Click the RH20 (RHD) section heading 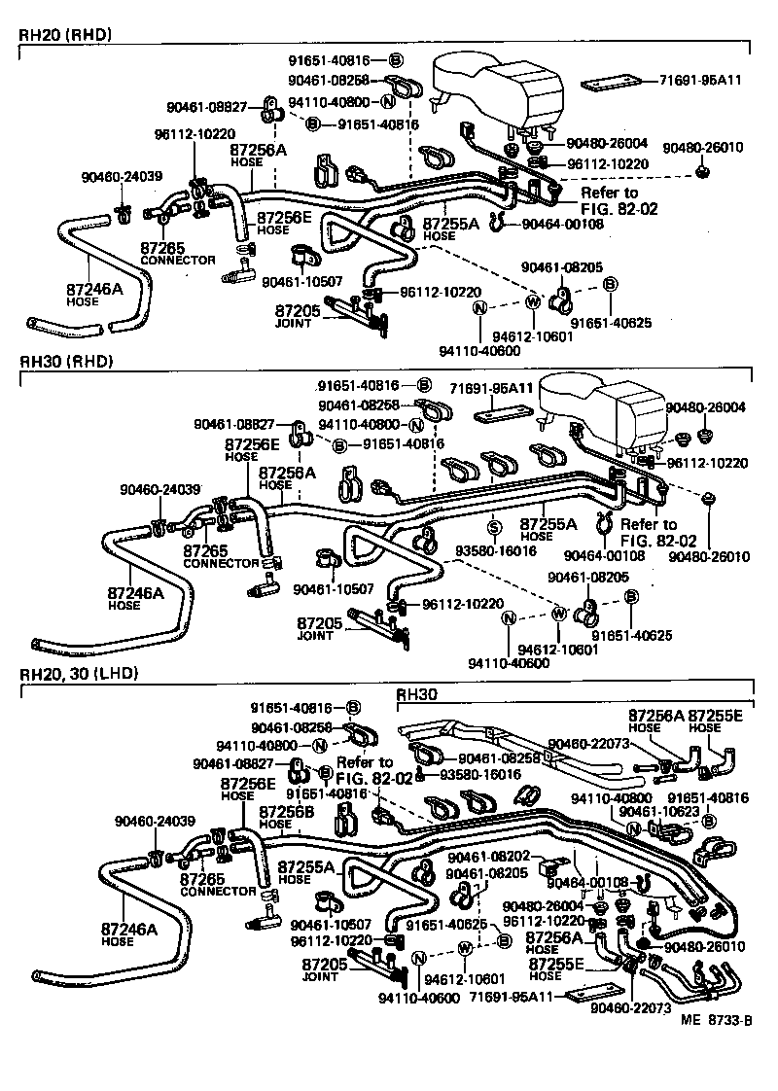pyautogui.click(x=66, y=35)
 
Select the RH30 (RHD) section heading pyautogui.click(x=66, y=361)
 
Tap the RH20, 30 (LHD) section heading pyautogui.click(x=79, y=672)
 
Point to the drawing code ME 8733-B pyautogui.click(x=717, y=1020)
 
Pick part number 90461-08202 pyautogui.click(x=488, y=857)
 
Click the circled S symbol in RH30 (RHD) pyautogui.click(x=493, y=527)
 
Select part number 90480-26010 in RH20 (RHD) pyautogui.click(x=702, y=148)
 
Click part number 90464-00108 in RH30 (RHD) pyautogui.click(x=603, y=556)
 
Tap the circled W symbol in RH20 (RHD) pyautogui.click(x=533, y=301)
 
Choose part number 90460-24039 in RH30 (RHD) pyautogui.click(x=159, y=489)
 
